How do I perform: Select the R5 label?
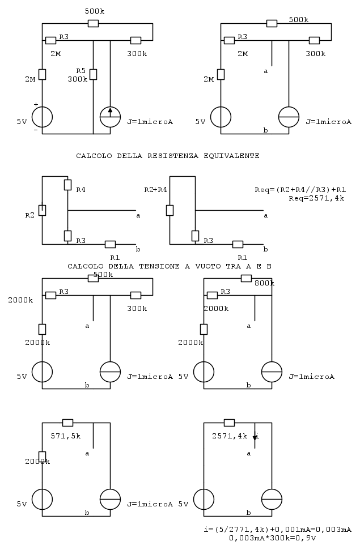tap(81, 71)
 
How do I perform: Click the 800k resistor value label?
tap(264, 283)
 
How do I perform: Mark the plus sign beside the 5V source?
tap(36, 105)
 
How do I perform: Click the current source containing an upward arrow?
tap(110, 117)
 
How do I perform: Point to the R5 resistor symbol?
tap(93, 74)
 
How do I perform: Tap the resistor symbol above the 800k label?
tap(246, 278)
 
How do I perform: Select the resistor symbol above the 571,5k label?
tap(67, 423)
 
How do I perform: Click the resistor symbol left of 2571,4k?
tap(229, 423)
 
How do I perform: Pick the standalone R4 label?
tap(81, 190)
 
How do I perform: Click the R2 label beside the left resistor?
tap(30, 215)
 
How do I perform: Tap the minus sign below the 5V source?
tap(36, 130)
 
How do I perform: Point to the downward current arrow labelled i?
tap(255, 437)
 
